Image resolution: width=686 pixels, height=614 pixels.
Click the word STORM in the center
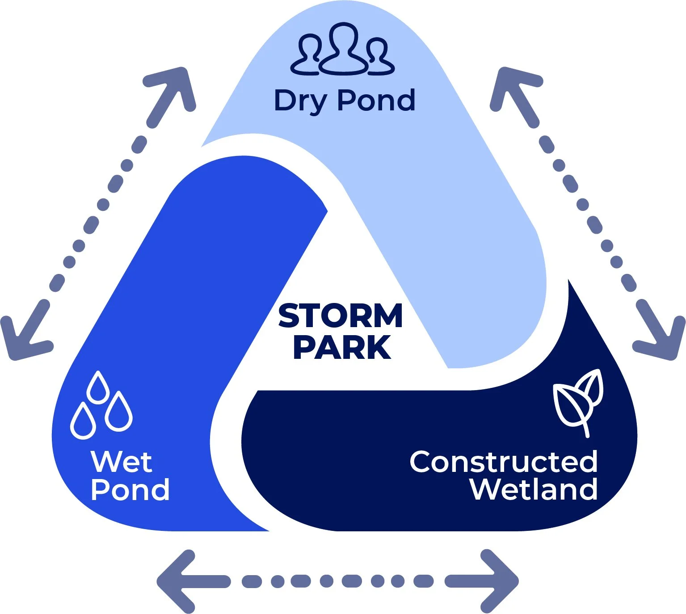click(x=341, y=315)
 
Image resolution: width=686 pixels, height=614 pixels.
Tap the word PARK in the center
click(x=342, y=348)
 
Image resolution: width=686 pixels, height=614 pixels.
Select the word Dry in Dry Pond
click(x=300, y=101)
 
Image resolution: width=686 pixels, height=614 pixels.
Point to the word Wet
click(x=121, y=462)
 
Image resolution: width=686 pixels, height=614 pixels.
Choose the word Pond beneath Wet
click(x=130, y=490)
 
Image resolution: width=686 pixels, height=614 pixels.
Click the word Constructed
click(x=503, y=462)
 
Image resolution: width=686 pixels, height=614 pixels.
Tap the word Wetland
click(x=534, y=490)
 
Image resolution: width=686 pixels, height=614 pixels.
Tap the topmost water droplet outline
click(x=98, y=387)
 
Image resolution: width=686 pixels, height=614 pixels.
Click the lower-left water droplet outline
click(x=83, y=421)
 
